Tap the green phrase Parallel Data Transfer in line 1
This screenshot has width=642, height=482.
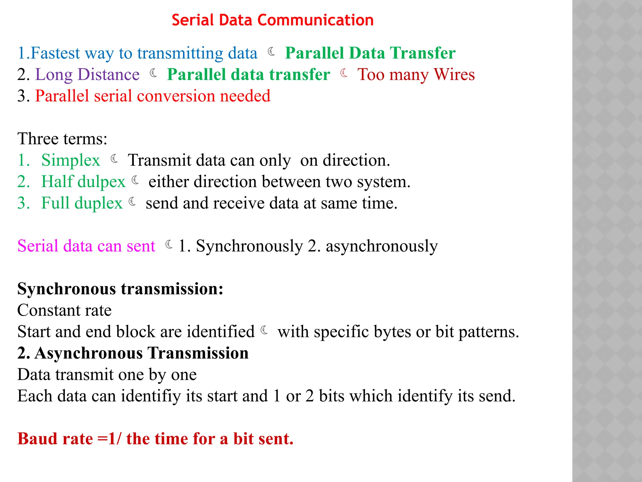(x=370, y=53)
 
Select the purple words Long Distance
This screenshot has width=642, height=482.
(x=87, y=75)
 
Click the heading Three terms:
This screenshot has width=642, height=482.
(x=62, y=139)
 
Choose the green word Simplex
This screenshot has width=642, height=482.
(x=71, y=160)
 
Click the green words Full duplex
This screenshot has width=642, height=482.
(x=82, y=203)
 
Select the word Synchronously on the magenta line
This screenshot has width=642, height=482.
(x=249, y=246)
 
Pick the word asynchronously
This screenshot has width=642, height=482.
(x=382, y=246)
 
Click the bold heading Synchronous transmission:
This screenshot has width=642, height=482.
(x=120, y=289)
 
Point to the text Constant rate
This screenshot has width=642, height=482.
(x=64, y=310)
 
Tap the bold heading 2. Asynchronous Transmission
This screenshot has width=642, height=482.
(x=133, y=353)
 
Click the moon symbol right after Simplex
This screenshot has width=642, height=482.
(x=115, y=159)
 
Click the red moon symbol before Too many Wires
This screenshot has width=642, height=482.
(x=344, y=73)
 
